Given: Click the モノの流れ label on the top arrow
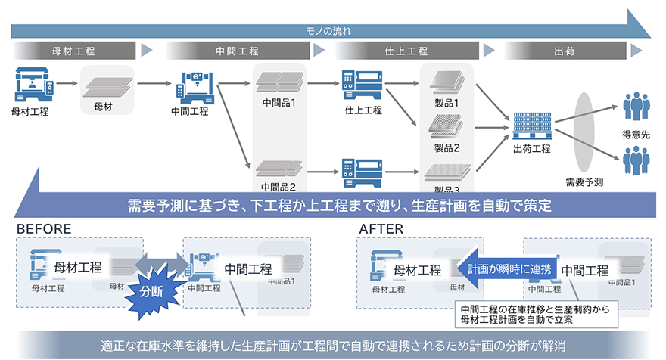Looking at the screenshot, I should pos(328,32).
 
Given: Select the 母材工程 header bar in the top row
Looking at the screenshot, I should pos(74,51).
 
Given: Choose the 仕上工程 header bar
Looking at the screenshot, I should pos(406,51).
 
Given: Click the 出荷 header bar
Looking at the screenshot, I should pos(564,51).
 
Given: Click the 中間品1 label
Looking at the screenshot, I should pos(279,102).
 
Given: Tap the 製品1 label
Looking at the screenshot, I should pos(447,102).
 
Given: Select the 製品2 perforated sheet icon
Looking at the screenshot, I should pos(447,125).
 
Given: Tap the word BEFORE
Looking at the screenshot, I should pos(44,228).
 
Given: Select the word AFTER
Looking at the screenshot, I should pos(382,228).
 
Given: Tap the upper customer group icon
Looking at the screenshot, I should pos(636,107).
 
